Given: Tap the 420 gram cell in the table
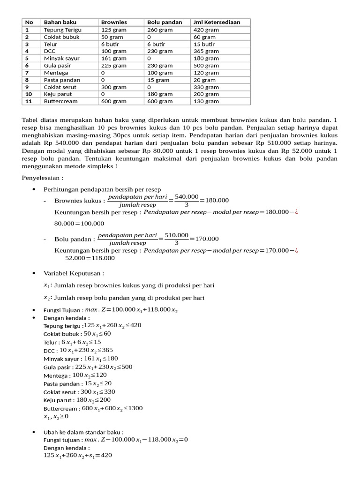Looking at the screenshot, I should (x=206, y=30).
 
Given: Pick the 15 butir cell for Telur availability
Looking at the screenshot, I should (x=205, y=44).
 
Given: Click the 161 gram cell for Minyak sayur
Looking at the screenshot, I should (x=113, y=59).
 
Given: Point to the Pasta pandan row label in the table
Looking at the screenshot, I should (x=61, y=80).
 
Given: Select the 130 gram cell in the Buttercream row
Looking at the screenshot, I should (x=206, y=101).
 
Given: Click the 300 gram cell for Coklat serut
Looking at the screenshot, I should (x=113, y=87).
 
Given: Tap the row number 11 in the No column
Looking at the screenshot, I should (x=27, y=101).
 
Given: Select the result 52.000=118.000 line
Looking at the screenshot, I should (x=90, y=258).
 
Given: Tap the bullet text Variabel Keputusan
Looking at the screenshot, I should (x=74, y=273).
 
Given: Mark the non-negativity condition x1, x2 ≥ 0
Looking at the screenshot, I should (x=56, y=416).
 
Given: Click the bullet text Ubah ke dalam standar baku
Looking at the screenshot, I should (x=83, y=432).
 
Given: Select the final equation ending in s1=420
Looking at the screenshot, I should (x=78, y=455).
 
